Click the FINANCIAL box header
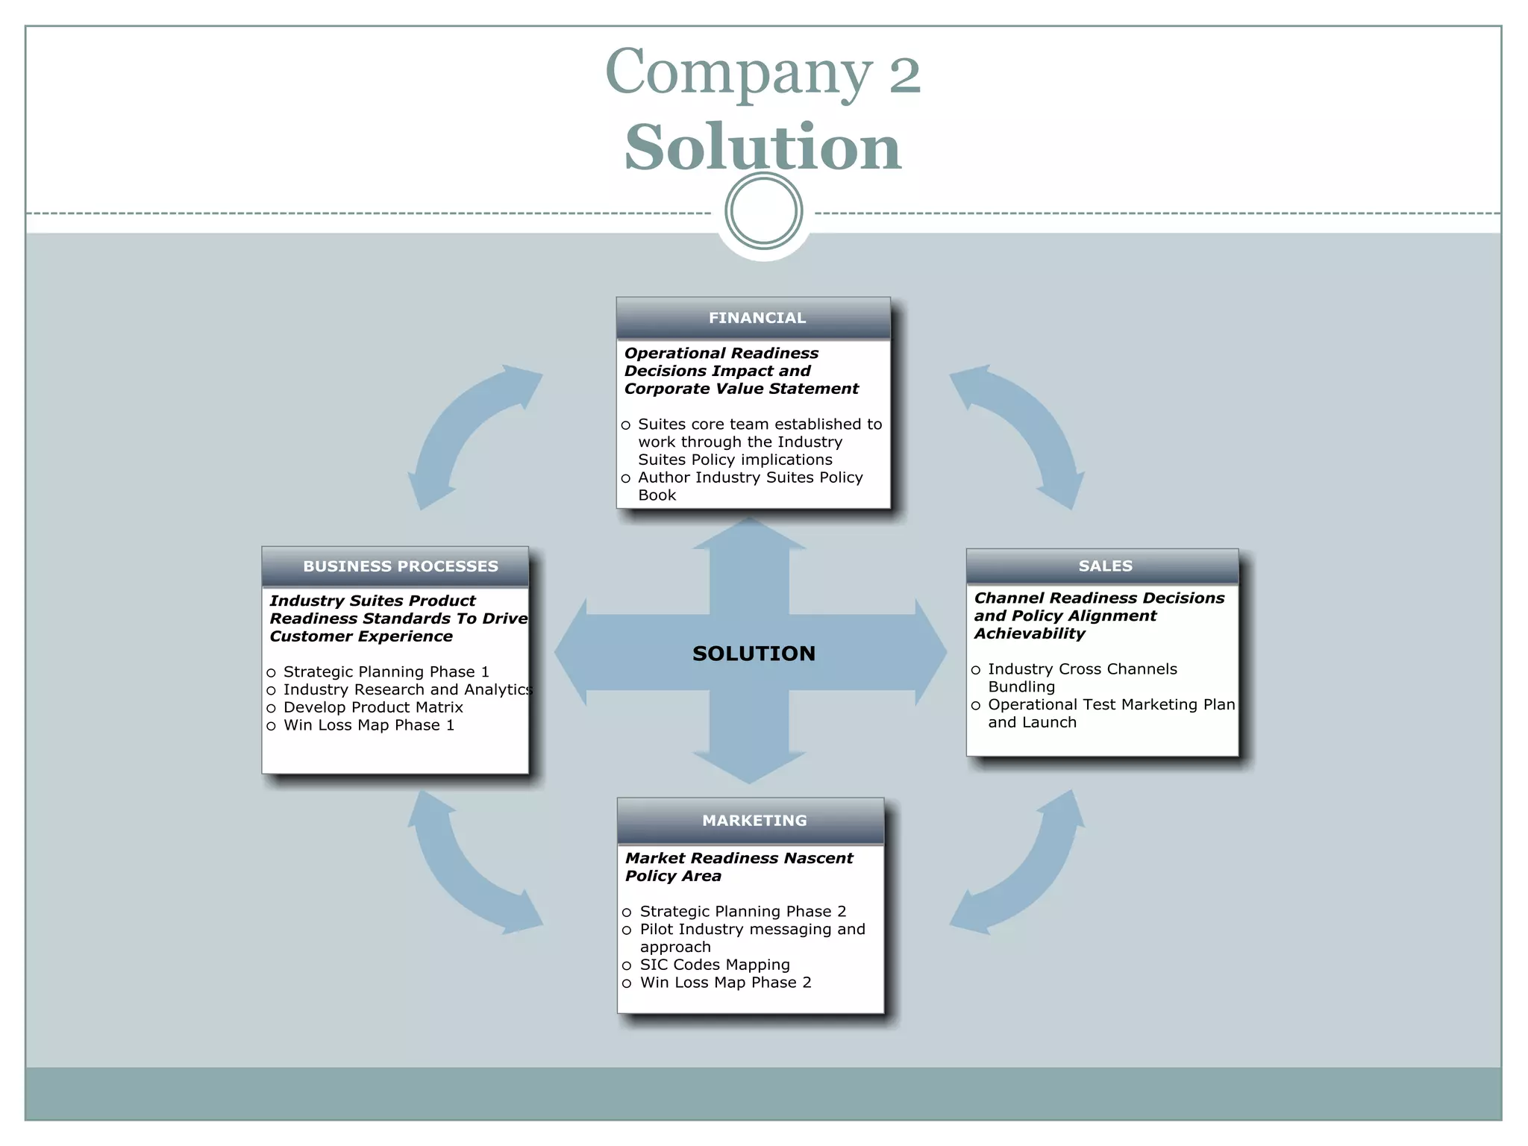pos(756,318)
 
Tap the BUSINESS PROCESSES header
pos(400,566)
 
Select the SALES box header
pos(1105,566)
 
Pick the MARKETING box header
pos(754,821)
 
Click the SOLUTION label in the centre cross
pos(754,654)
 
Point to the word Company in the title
pos(738,72)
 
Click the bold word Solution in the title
pos(763,147)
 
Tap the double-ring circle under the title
pos(763,211)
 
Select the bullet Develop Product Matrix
pos(373,707)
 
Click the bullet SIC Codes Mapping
pos(714,965)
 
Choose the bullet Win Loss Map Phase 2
pos(725,983)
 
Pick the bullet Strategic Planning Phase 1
pos(386,672)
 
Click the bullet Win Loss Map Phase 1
pos(369,725)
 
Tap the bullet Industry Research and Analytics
pos(407,690)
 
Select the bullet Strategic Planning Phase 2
pos(742,912)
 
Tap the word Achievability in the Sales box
pos(1029,633)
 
